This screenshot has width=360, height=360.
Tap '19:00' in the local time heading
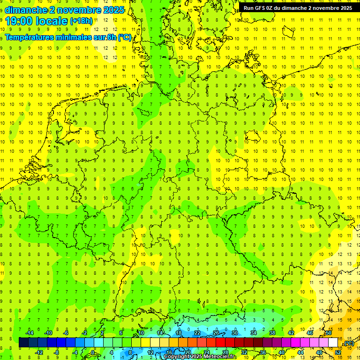19,21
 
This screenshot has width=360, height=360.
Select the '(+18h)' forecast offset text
81,21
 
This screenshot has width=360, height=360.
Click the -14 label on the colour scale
29,333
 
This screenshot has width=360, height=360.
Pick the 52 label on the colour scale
338,352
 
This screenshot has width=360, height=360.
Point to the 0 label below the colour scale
93,352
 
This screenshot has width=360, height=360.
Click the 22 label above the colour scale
197,333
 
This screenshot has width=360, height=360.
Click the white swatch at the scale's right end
333,343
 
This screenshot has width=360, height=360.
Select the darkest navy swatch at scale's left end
23,343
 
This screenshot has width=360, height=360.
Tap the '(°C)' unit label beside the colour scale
349,343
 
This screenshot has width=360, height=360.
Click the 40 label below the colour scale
282,352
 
